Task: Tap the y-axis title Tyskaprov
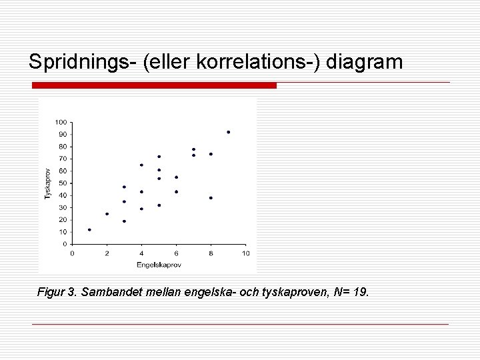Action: point(47,183)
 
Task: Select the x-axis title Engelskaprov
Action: point(159,265)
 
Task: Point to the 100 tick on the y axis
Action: point(61,122)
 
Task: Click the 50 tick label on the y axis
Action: point(62,183)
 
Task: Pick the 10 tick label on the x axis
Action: point(245,253)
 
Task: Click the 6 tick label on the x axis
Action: point(176,253)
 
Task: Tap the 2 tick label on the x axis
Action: point(107,253)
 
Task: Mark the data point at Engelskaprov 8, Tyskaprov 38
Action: point(211,198)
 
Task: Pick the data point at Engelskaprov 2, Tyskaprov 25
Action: point(107,214)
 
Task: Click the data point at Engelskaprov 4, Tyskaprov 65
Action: point(141,165)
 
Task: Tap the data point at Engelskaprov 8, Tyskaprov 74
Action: point(211,154)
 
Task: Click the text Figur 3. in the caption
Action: point(57,293)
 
